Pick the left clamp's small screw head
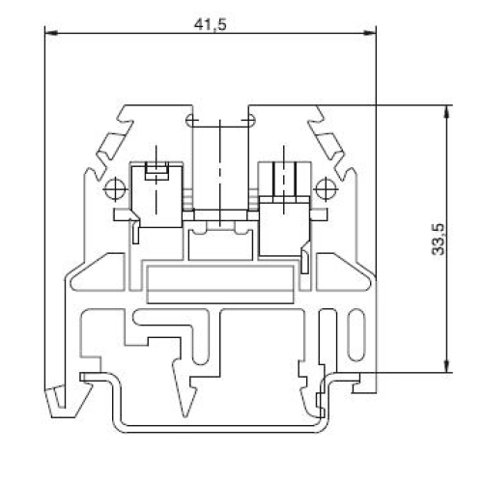click(x=155, y=173)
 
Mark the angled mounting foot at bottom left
click(x=59, y=396)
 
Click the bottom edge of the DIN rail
click(x=217, y=428)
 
